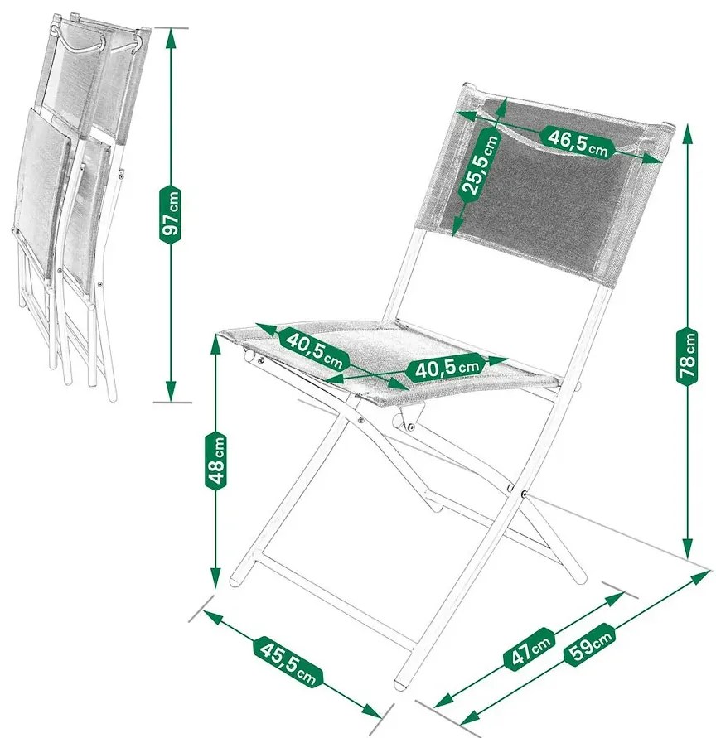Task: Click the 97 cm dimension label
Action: (171, 215)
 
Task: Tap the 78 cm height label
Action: (688, 356)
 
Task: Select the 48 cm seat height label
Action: (216, 461)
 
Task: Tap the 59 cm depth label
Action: (589, 644)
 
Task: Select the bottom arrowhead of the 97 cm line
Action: (171, 392)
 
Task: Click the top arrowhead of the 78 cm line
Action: (688, 135)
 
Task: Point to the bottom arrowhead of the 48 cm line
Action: (215, 578)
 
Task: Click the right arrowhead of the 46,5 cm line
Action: (652, 159)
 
